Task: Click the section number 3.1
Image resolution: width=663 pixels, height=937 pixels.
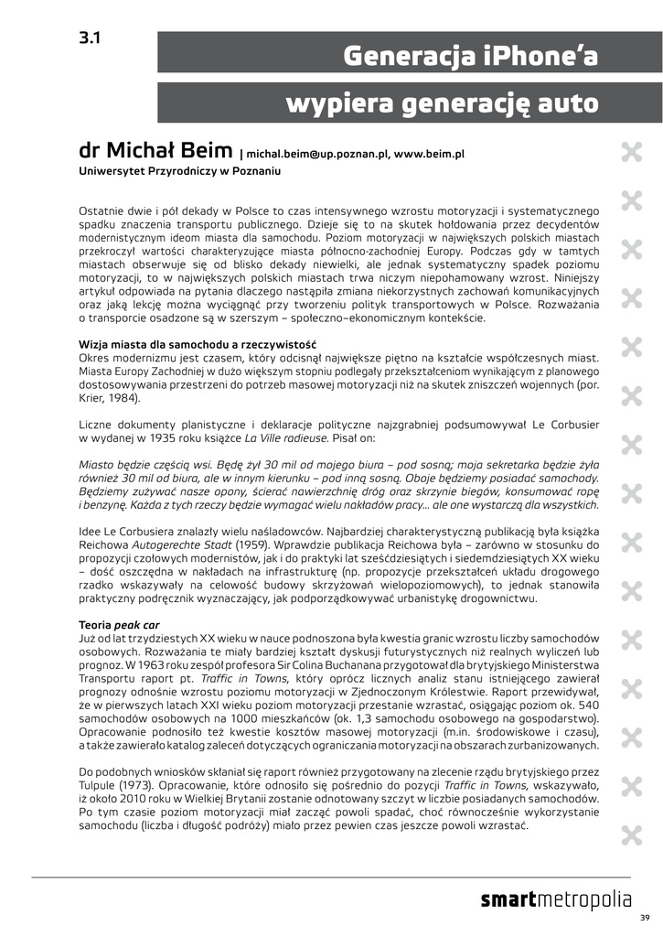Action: (x=90, y=38)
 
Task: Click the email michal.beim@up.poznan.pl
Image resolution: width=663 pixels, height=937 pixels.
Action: (x=315, y=156)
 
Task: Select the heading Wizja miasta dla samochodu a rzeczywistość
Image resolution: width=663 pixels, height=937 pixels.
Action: (x=197, y=344)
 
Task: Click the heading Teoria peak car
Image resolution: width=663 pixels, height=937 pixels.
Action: (x=120, y=624)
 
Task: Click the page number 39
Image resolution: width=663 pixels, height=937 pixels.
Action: (x=644, y=918)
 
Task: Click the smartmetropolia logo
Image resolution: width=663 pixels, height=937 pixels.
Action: (x=555, y=900)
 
